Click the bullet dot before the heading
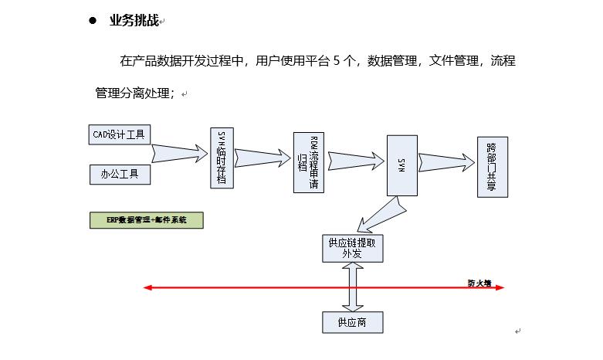pyautogui.click(x=93, y=21)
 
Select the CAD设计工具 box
pyautogui.click(x=119, y=134)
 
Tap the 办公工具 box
pyautogui.click(x=120, y=175)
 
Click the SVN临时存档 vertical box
pyautogui.click(x=222, y=157)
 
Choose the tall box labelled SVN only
pyautogui.click(x=401, y=165)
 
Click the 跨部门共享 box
pyautogui.click(x=491, y=166)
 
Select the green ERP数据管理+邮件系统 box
pyautogui.click(x=146, y=220)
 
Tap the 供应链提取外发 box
pyautogui.click(x=352, y=248)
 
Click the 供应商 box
pyautogui.click(x=352, y=321)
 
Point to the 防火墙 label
pyautogui.click(x=479, y=283)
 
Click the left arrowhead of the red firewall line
pyautogui.click(x=147, y=288)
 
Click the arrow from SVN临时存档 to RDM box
pyautogui.click(x=263, y=158)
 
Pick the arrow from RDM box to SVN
pyautogui.click(x=355, y=160)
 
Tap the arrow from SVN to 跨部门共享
pyautogui.click(x=447, y=161)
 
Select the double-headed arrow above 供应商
pyautogui.click(x=352, y=285)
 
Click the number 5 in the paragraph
pyautogui.click(x=337, y=61)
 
